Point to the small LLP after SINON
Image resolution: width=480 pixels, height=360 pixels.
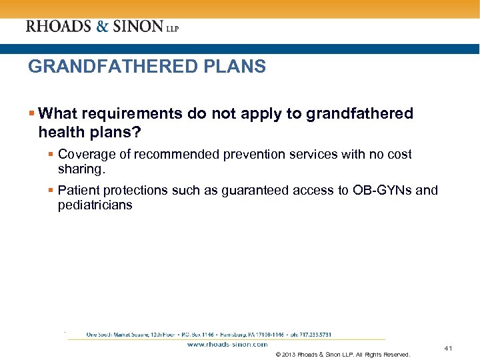coord(172,29)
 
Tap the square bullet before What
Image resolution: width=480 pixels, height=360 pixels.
coord(31,114)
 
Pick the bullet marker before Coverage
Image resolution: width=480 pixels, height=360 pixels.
coord(51,155)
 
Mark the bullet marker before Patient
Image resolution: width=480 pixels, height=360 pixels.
coord(51,191)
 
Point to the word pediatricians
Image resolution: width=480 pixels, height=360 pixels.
coord(95,205)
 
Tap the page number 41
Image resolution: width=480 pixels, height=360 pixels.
coord(448,349)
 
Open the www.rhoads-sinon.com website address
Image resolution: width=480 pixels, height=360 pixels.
coord(227,345)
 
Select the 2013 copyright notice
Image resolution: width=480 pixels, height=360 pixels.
coord(342,355)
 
